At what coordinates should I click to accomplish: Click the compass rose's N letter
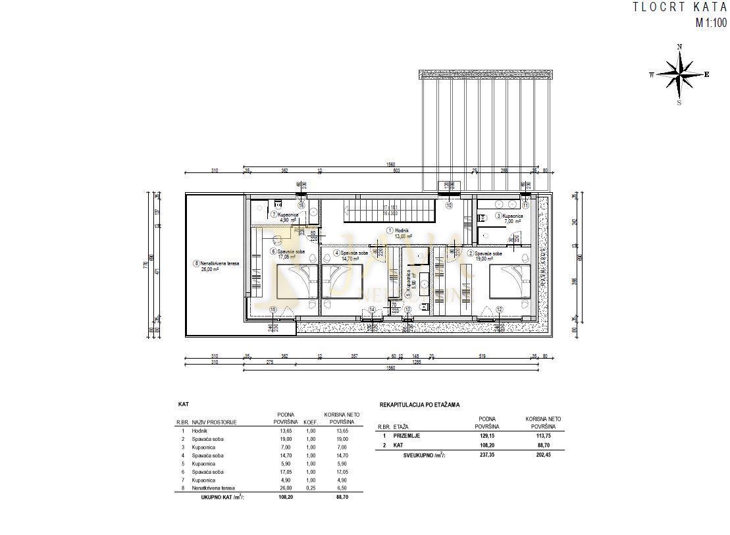click(679, 47)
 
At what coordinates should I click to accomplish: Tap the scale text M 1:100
click(711, 24)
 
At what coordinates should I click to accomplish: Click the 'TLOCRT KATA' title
click(679, 8)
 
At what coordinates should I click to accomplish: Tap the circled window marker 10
click(450, 205)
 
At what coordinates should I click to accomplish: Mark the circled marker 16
click(301, 205)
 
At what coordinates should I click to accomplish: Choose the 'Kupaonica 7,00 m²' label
click(509, 218)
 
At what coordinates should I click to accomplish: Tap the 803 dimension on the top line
click(397, 171)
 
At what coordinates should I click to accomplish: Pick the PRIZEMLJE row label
click(406, 435)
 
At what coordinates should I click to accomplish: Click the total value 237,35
click(488, 453)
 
